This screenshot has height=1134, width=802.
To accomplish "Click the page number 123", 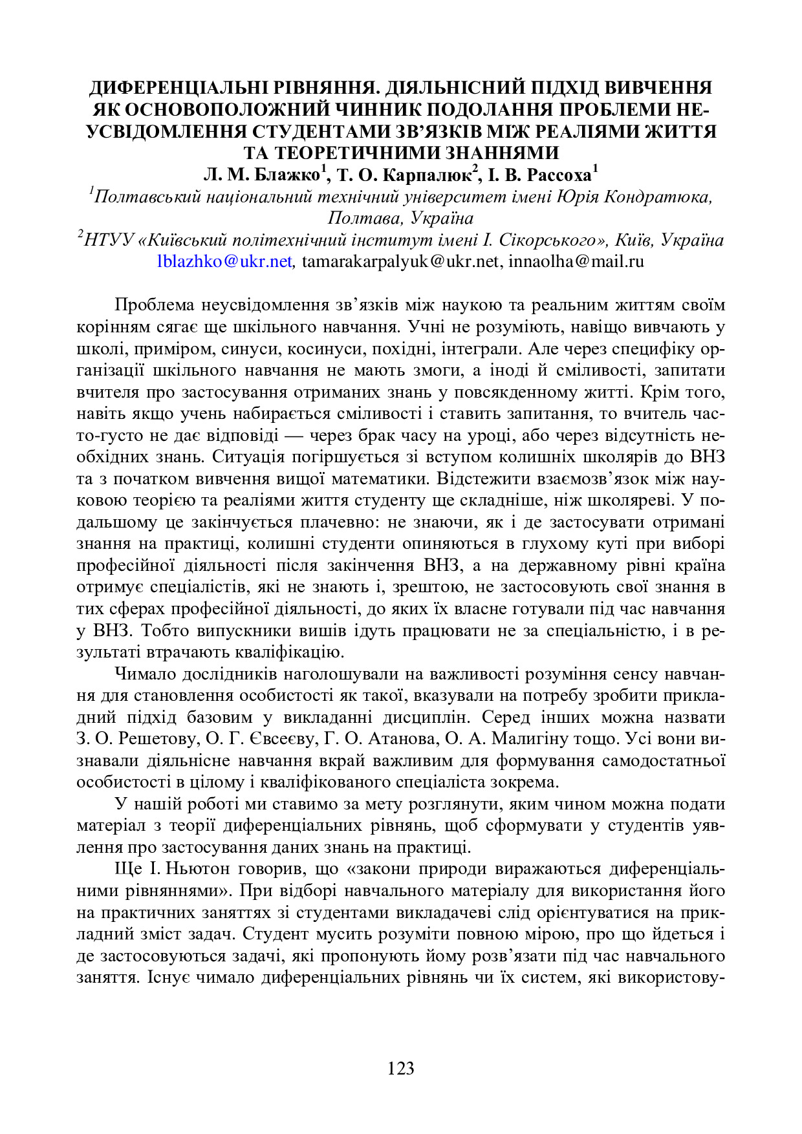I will tap(400, 1068).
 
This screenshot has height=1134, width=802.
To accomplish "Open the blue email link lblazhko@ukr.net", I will tap(224, 261).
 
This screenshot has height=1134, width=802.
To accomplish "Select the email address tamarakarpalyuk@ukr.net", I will tap(401, 261).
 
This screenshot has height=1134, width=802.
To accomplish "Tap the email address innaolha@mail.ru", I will tap(576, 261).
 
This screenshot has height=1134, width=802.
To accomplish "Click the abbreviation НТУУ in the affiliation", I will tap(109, 240).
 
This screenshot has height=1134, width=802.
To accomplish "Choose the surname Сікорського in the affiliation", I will tap(551, 240).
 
